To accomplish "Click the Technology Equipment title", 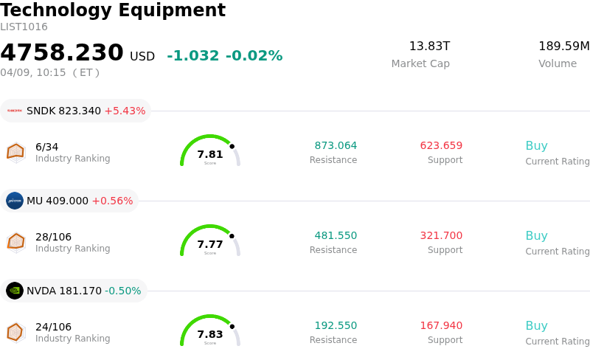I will pyautogui.click(x=113, y=10).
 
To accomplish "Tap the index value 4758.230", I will pyautogui.click(x=62, y=53).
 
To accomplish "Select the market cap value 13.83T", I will pyautogui.click(x=429, y=46).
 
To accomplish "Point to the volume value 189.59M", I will pyautogui.click(x=563, y=46).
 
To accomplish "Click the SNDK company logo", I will pyautogui.click(x=15, y=111).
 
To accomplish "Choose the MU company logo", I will pyautogui.click(x=15, y=201).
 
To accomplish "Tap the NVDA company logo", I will pyautogui.click(x=15, y=291).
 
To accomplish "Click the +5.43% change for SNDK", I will pyautogui.click(x=125, y=111).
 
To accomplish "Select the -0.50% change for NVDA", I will pyautogui.click(x=122, y=291).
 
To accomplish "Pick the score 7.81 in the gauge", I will pyautogui.click(x=210, y=154).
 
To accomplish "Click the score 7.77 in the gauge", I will pyautogui.click(x=210, y=244).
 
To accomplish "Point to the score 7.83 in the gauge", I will pyautogui.click(x=210, y=334).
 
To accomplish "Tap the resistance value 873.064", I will pyautogui.click(x=336, y=145).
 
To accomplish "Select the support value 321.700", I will pyautogui.click(x=441, y=235).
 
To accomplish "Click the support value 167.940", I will pyautogui.click(x=441, y=325).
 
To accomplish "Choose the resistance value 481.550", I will pyautogui.click(x=336, y=235).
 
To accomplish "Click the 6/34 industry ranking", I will pyautogui.click(x=46, y=147).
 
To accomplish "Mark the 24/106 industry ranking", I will pyautogui.click(x=53, y=327).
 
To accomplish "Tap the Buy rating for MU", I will pyautogui.click(x=536, y=236).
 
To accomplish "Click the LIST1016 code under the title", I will pyautogui.click(x=24, y=27).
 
